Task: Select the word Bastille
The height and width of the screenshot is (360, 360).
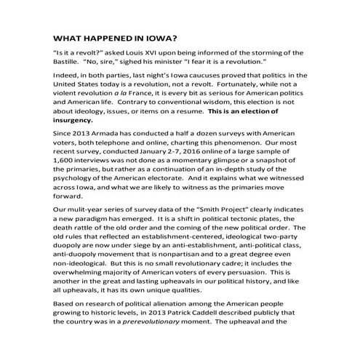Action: click(69, 64)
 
